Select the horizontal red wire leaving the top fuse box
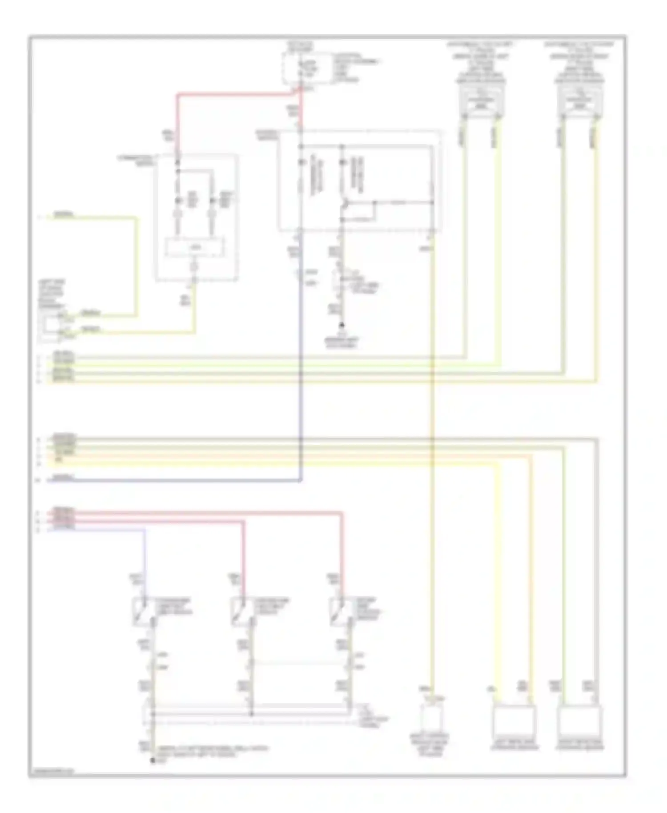236,94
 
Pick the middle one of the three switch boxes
241,612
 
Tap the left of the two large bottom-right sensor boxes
514,721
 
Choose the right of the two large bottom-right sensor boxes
580,721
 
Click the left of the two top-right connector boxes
482,100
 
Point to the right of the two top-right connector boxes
580,100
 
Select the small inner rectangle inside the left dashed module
195,248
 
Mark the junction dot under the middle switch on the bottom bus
251,714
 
